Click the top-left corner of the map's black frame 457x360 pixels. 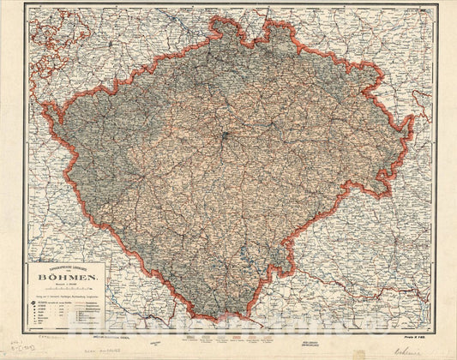(25, 5)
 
